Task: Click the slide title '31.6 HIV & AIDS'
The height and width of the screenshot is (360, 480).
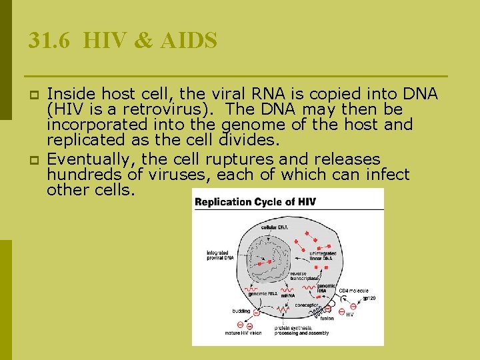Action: coord(123,41)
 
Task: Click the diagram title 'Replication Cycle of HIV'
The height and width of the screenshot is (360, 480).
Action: coord(255,201)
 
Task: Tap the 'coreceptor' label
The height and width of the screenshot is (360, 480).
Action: coord(307,306)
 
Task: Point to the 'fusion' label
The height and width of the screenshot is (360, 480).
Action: coord(327,318)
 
